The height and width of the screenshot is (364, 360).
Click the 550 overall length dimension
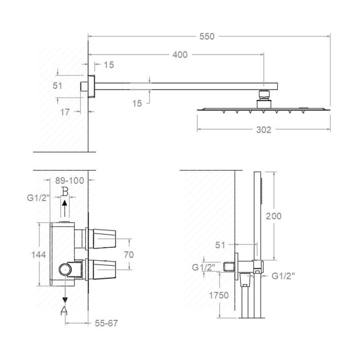(207, 36)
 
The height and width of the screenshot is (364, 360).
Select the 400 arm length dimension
(180, 55)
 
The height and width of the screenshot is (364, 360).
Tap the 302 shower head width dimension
(264, 130)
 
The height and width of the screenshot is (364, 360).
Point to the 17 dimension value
(65, 112)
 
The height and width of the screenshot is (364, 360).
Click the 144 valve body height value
(39, 255)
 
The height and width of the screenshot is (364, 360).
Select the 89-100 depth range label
(69, 180)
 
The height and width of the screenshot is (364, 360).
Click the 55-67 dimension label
(106, 323)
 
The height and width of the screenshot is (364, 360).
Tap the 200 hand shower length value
(274, 216)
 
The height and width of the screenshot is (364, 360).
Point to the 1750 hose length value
(219, 296)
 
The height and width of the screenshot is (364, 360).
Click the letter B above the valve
(65, 192)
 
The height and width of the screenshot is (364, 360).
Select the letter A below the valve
(64, 310)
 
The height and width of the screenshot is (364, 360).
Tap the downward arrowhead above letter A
(65, 300)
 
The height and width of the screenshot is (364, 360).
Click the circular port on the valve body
(65, 270)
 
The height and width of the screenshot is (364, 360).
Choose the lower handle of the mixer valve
(104, 269)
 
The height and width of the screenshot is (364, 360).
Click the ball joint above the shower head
(264, 94)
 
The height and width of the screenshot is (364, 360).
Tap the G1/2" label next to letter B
(39, 198)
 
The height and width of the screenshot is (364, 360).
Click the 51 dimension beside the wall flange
(57, 86)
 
